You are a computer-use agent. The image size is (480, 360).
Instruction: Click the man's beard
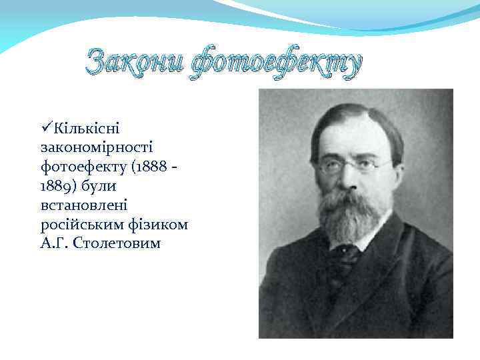tap(351, 213)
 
